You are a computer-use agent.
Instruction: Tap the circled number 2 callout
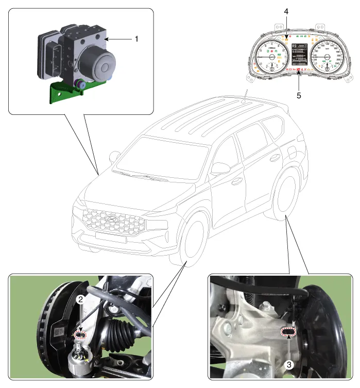click(80, 298)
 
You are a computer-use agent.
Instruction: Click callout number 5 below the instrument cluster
click(298, 95)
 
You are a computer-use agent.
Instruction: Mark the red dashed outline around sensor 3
click(289, 333)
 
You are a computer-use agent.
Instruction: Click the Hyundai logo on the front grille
click(110, 218)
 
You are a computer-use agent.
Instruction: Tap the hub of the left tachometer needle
click(272, 58)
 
